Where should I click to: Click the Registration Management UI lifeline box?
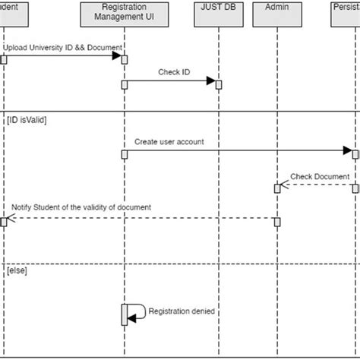point(124,13)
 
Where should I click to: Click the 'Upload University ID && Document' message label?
point(62,48)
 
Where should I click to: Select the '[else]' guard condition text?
point(17,270)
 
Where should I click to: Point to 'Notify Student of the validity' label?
point(81,207)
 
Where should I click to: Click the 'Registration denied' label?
point(182,311)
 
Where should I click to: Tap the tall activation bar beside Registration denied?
point(124,314)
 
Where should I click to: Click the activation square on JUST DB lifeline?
point(218,84)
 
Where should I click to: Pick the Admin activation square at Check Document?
point(277,188)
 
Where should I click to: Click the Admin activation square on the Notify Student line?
point(277,222)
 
